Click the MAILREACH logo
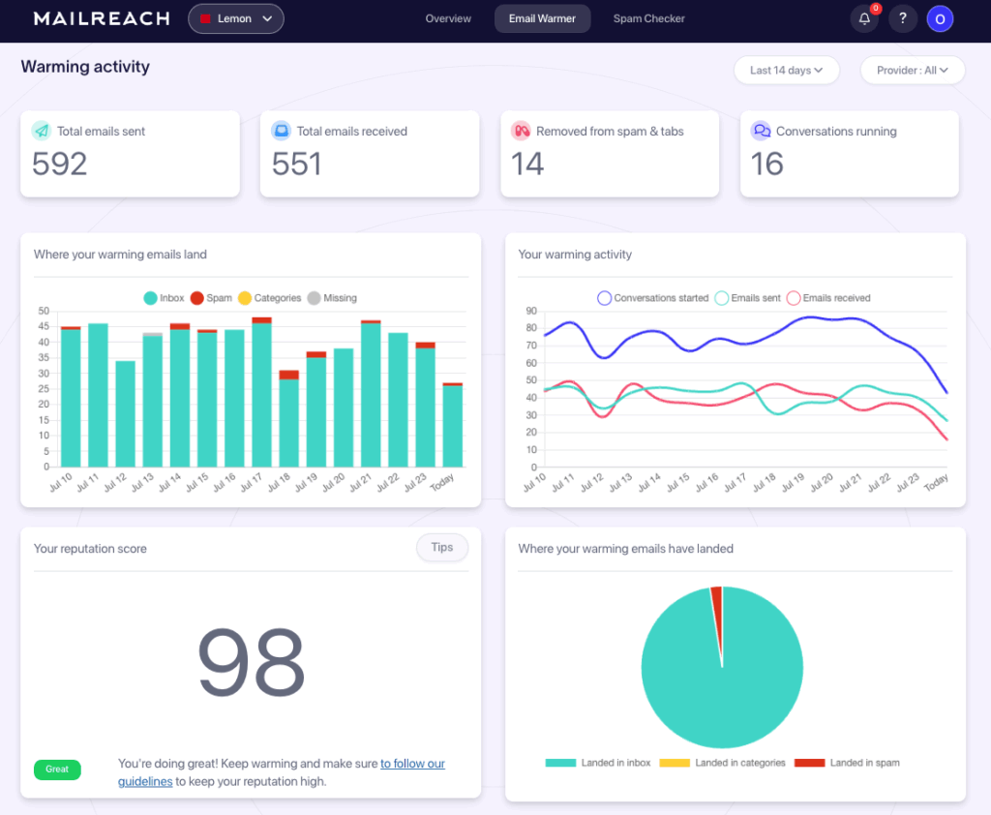(x=102, y=18)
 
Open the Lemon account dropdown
(x=236, y=18)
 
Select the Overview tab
(x=448, y=18)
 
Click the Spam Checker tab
(x=648, y=18)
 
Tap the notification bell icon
(x=864, y=18)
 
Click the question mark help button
(x=903, y=18)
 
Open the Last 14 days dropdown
(x=786, y=70)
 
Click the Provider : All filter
(x=913, y=70)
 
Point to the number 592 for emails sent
(x=60, y=165)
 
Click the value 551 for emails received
(x=296, y=165)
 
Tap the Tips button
(x=442, y=548)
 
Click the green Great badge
(x=57, y=770)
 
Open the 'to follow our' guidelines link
(x=412, y=764)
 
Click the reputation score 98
(x=251, y=663)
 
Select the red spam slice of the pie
(x=717, y=600)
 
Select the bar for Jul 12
(x=125, y=416)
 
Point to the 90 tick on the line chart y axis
(x=531, y=312)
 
